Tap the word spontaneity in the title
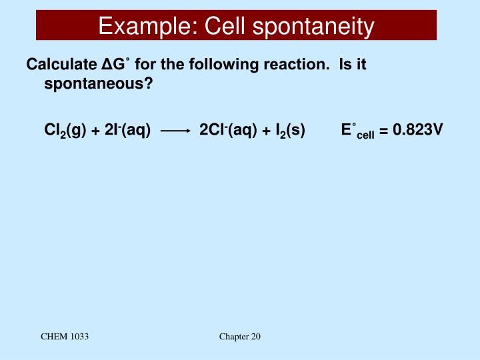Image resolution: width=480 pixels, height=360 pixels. coord(316,27)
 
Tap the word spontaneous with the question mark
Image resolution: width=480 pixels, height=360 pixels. coord(99,85)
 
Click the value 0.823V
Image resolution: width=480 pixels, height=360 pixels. coord(418,130)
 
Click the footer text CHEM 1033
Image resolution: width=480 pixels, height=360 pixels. coord(65,337)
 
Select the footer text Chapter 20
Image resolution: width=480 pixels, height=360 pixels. coord(240,337)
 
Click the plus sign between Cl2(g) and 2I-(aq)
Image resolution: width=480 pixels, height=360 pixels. coord(96,131)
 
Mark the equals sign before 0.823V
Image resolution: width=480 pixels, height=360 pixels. coord(384,131)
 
